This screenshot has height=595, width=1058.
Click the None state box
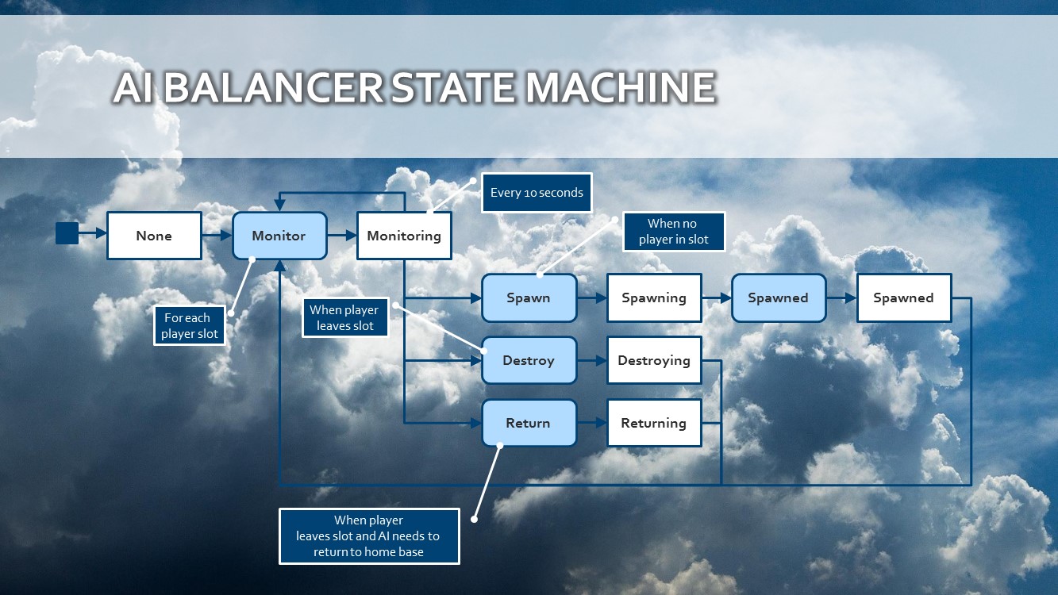coord(154,236)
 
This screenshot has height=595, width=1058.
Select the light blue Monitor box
coord(279,236)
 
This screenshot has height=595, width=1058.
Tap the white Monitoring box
coord(404,236)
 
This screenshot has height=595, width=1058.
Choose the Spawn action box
coord(529,298)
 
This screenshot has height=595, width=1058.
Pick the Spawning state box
coord(654,298)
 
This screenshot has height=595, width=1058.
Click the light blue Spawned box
coord(778,298)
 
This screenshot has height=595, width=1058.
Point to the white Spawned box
coord(903,298)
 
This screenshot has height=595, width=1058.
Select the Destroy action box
coord(529,360)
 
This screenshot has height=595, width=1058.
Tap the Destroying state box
coord(654,360)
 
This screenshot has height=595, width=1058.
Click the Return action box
coord(529,423)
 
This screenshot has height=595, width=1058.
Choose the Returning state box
coord(654,423)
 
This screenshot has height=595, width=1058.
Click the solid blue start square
coord(67,233)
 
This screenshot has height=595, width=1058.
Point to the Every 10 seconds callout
coord(537,193)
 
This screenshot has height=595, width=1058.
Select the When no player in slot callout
coord(673,232)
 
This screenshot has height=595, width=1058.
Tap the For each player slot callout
coord(189,326)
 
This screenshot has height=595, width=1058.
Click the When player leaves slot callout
coord(344,318)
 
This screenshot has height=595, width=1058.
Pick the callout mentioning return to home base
coord(369,536)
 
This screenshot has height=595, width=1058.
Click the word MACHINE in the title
coord(620,88)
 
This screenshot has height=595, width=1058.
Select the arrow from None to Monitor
coord(217,236)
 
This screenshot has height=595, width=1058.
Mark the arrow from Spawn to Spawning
coord(591,298)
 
